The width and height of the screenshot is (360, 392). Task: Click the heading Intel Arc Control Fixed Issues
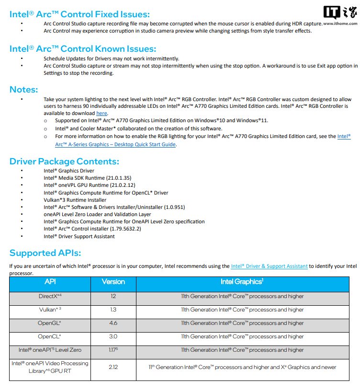tap(79, 14)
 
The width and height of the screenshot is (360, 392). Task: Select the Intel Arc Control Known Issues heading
tap(83, 48)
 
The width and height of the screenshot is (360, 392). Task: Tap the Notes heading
tap(24, 89)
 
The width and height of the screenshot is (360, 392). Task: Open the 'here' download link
tap(101, 113)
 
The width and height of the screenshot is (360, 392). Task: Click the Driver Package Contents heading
tap(64, 161)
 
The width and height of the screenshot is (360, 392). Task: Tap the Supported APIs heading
tap(45, 253)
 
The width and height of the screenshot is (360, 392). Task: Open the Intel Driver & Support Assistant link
tap(269, 266)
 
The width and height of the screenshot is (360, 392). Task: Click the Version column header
tap(113, 282)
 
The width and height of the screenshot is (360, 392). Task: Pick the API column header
tap(50, 282)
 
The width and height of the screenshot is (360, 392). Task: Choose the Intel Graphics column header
tap(242, 282)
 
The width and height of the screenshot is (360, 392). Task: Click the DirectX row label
tap(50, 296)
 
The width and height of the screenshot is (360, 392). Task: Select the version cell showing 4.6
tap(113, 323)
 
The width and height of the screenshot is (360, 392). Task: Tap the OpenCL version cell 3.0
tap(113, 336)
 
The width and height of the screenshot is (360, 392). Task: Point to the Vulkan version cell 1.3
tap(113, 310)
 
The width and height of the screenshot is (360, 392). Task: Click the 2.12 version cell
tap(113, 367)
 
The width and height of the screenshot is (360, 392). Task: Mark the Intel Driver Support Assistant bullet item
tap(79, 236)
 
